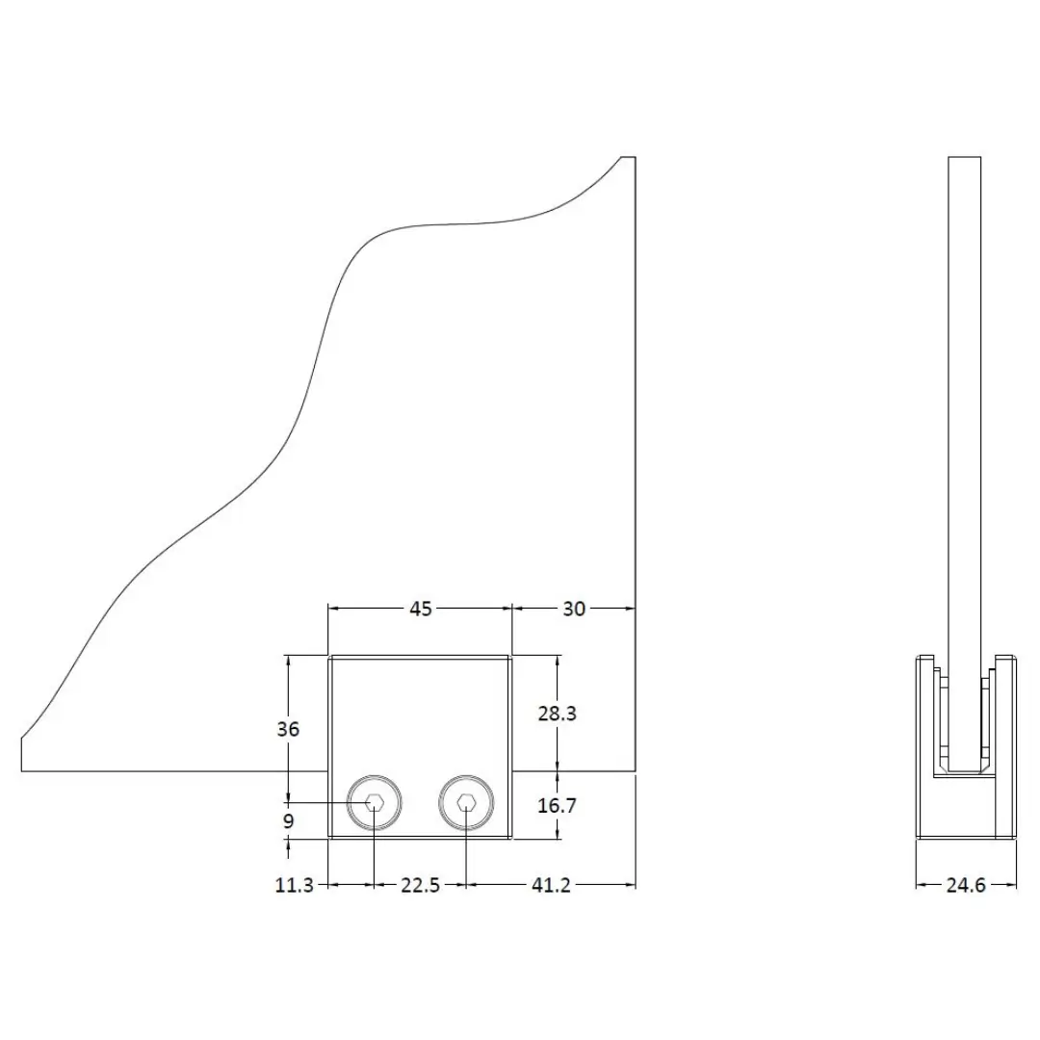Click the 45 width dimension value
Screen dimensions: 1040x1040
click(x=421, y=609)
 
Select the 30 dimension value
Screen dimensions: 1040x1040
click(x=574, y=609)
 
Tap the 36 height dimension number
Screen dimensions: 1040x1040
click(x=288, y=729)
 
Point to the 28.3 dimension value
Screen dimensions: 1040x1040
click(x=558, y=714)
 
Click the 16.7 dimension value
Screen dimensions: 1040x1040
click(x=558, y=806)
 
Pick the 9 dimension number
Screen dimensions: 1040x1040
click(x=289, y=821)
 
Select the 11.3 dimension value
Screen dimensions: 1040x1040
click(x=295, y=885)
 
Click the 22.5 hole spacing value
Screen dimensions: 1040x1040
click(x=421, y=885)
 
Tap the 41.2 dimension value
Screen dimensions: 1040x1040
click(x=551, y=885)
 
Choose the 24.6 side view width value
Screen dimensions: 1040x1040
click(x=966, y=885)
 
